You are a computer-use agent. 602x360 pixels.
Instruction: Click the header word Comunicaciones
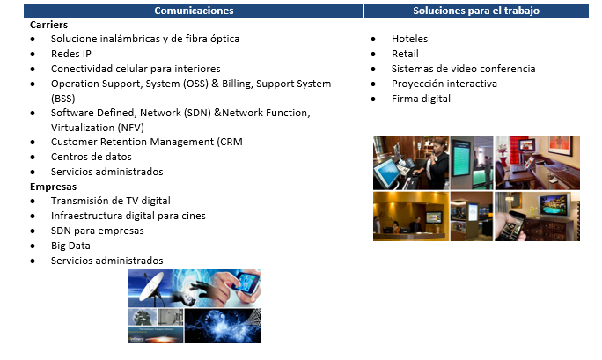pos(194,11)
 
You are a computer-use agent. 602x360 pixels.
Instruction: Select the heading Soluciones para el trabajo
pos(476,11)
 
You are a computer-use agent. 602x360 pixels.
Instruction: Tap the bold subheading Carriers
pos(48,25)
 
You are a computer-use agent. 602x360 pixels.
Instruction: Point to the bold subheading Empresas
pos(54,187)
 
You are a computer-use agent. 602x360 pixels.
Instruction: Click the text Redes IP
pos(71,54)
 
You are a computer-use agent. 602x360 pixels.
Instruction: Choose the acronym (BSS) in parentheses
pos(63,99)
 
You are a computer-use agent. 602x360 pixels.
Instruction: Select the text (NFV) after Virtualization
pos(131,128)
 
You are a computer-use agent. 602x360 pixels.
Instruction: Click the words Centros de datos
pos(92,157)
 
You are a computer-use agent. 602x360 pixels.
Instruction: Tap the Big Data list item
pos(70,246)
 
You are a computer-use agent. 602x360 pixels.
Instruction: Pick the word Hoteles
pos(409,39)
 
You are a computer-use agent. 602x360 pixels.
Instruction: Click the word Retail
pos(405,54)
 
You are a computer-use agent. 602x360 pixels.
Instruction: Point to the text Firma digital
pos(421,99)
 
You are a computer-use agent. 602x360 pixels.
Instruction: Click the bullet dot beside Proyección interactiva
pos(373,84)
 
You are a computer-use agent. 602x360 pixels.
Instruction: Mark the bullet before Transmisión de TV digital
pos(33,201)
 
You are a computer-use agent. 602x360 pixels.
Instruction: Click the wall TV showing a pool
pos(554,205)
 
